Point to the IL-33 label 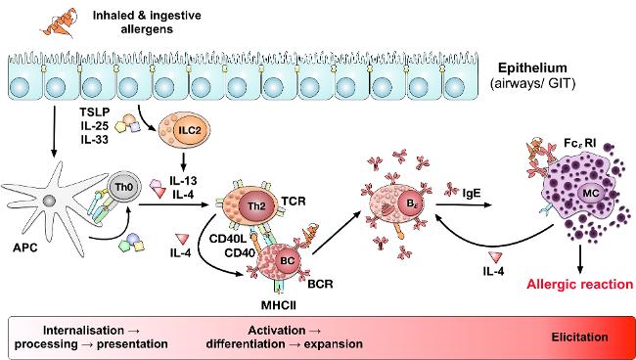pyautogui.click(x=95, y=142)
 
